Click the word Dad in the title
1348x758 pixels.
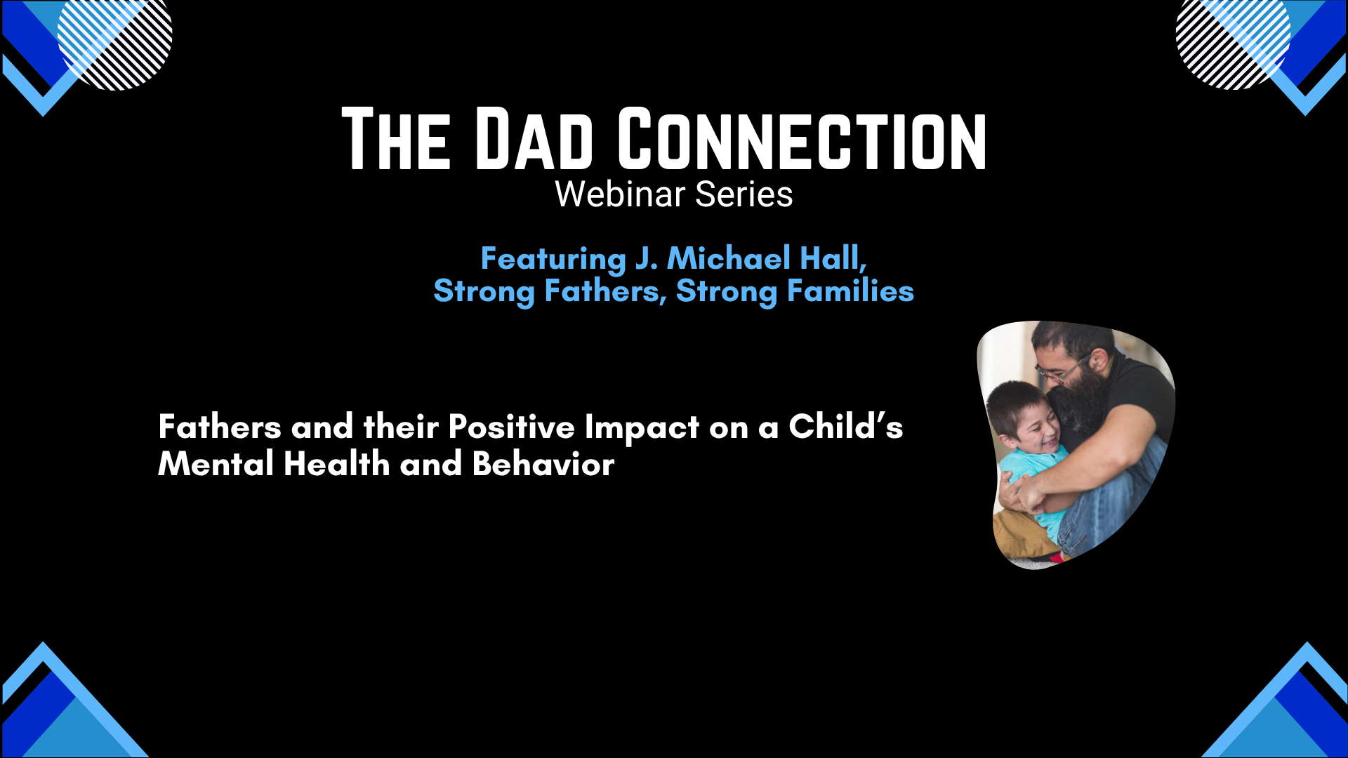[534, 139]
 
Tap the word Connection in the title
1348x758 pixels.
[802, 139]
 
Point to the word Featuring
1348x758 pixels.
[553, 259]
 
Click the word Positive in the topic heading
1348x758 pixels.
[511, 427]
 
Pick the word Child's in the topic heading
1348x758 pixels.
[845, 426]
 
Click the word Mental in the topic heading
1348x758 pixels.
[216, 464]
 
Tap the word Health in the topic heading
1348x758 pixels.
[336, 464]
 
